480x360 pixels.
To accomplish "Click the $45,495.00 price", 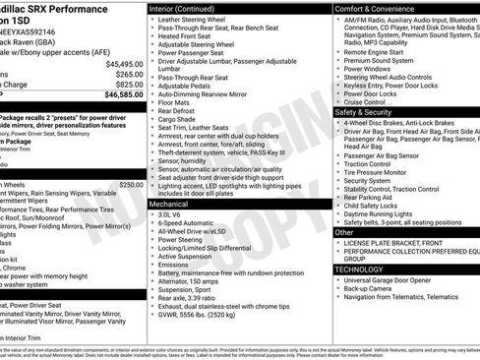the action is click(121, 64).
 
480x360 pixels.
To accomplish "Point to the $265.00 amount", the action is click(128, 75).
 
